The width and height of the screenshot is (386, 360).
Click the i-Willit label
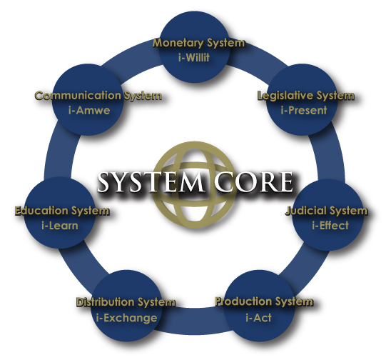(x=194, y=58)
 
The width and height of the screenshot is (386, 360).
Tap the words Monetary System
(x=199, y=43)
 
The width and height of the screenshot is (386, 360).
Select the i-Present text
(x=304, y=110)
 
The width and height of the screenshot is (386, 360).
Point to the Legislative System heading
(x=306, y=96)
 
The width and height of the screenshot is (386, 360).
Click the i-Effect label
(x=330, y=225)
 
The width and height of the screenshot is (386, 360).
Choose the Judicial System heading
(x=327, y=211)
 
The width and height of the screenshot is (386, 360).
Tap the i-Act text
(x=258, y=318)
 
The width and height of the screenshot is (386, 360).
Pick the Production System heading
(x=264, y=301)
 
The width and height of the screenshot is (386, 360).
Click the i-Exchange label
(x=126, y=318)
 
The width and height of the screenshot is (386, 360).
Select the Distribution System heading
(x=126, y=302)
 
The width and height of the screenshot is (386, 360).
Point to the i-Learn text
(x=60, y=226)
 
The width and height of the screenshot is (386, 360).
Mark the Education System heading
(x=62, y=211)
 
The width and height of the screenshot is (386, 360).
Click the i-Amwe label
(x=89, y=111)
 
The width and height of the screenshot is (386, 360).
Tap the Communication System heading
(x=98, y=96)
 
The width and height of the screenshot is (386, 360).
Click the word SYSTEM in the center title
(x=151, y=182)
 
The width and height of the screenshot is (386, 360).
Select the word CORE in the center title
(x=253, y=182)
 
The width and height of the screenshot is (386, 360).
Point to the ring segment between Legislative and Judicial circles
(x=330, y=155)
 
